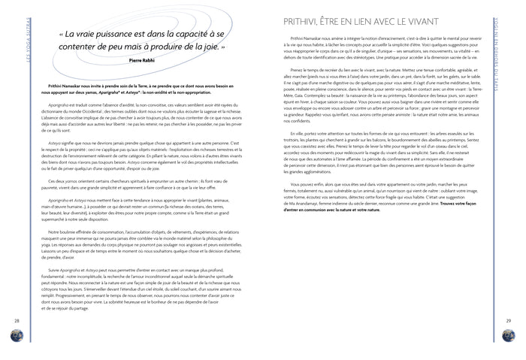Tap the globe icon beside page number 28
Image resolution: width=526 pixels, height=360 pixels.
coord(16,335)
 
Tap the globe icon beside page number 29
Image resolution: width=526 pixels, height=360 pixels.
coord(509,335)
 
